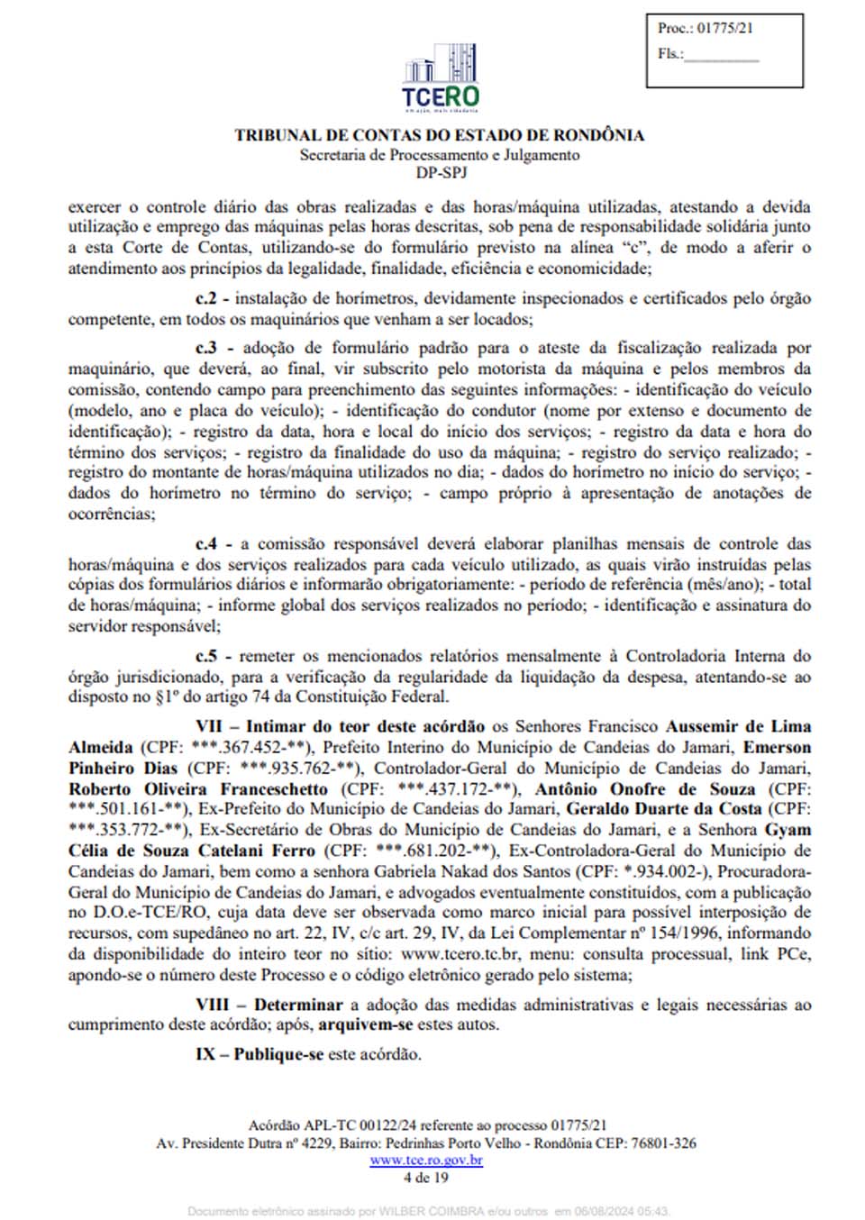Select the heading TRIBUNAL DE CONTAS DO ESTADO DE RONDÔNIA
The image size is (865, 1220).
coord(440,135)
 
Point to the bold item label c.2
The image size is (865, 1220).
coord(206,299)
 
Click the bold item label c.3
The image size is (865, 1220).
coord(206,349)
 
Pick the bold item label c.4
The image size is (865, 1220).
coord(206,544)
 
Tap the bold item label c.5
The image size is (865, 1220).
coord(206,657)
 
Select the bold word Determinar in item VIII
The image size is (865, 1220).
coord(298,1005)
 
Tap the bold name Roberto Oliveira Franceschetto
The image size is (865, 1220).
coord(198,789)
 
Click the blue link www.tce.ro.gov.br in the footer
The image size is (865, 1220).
coord(426,1161)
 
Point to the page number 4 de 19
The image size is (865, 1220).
coord(426,1177)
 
